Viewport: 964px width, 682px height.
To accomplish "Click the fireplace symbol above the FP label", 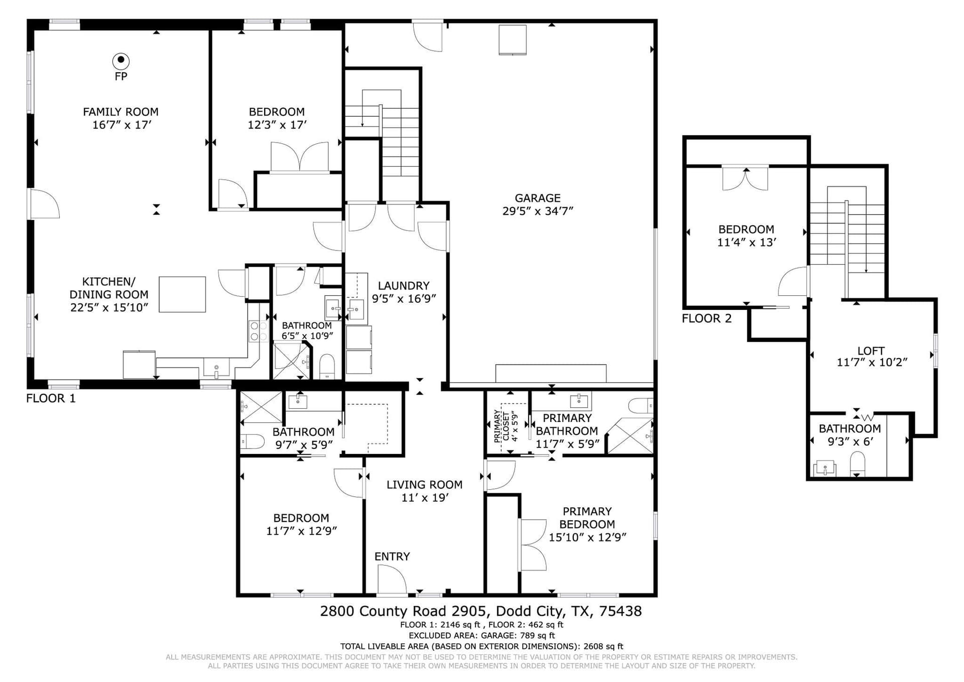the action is [x=120, y=61].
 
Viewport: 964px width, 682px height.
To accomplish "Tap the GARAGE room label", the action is [x=537, y=198].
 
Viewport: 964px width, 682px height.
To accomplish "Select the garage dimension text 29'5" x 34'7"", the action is [x=537, y=211].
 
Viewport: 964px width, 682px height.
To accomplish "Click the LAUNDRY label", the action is [x=404, y=286].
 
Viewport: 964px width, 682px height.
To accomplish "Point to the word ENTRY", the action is [x=392, y=556].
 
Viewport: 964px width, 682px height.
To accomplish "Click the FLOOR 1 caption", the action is [x=51, y=399].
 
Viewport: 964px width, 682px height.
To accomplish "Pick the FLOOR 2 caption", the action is [x=706, y=318].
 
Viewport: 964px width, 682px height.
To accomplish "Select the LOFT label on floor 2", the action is [x=871, y=351].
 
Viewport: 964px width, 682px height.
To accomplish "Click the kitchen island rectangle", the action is [x=182, y=294].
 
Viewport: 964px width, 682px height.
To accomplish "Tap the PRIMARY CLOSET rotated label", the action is [x=502, y=426].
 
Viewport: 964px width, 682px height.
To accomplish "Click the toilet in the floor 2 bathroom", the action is [x=858, y=464].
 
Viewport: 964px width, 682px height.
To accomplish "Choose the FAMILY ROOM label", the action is [x=120, y=112].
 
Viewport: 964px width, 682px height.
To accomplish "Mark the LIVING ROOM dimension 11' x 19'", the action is [x=425, y=498].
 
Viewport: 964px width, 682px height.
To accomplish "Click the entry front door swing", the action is [x=392, y=579].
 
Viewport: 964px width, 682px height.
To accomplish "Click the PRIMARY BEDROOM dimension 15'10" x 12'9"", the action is [x=587, y=537].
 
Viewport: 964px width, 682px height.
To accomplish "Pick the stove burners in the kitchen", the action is [x=259, y=332].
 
